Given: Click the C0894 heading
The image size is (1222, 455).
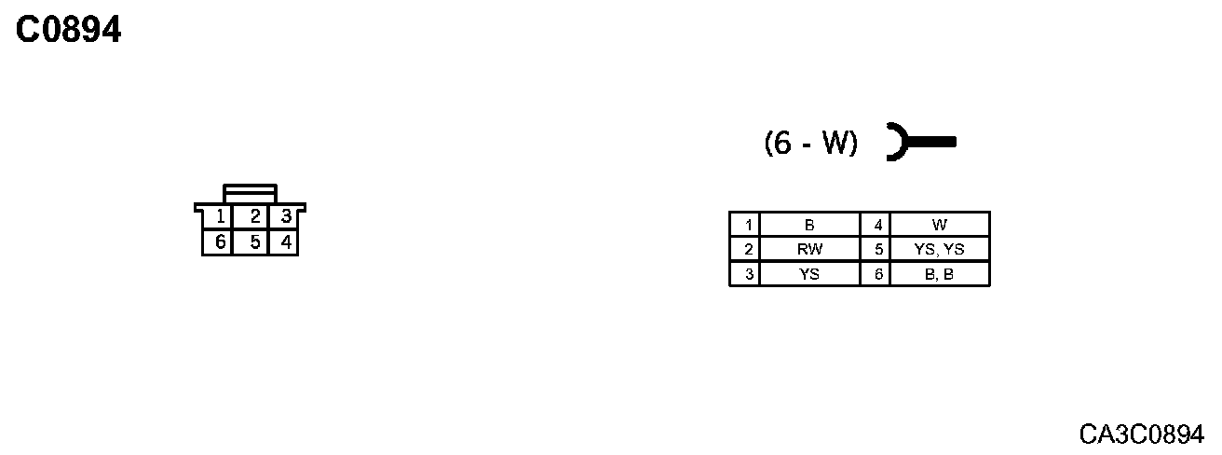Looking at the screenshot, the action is point(69,31).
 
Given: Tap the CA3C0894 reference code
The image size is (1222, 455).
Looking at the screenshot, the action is point(1141,434).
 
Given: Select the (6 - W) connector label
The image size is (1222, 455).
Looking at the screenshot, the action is point(810,143).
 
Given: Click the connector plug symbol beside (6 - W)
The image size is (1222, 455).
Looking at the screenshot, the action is point(920,142).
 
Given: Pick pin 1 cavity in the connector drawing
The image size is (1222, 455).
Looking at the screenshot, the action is point(220,217).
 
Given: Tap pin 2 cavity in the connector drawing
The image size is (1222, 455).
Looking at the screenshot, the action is point(253,217).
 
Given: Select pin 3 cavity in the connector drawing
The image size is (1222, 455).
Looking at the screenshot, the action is point(286,217).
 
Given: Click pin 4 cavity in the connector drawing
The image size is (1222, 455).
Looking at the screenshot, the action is point(286,242).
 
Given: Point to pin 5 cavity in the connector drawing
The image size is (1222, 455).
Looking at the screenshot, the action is point(253,242).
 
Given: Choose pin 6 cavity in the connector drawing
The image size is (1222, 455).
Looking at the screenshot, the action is point(220,242).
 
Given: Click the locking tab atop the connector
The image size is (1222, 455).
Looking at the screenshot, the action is point(250,193).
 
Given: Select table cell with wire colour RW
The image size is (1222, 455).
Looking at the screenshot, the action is point(809,250).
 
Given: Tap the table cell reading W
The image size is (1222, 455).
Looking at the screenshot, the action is point(939,225).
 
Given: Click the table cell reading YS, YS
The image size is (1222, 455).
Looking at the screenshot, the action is point(939,250).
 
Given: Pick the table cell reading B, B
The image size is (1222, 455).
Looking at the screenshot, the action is point(939,274).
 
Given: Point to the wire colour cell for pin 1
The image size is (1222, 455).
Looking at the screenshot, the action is point(809,225).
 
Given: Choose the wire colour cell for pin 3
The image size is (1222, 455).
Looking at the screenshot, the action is point(809,274).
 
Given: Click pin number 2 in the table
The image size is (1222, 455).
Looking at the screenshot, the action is point(745,250).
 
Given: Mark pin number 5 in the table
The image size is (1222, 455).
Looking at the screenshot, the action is point(876,250).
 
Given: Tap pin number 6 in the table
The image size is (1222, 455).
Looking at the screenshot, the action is point(876,274).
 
